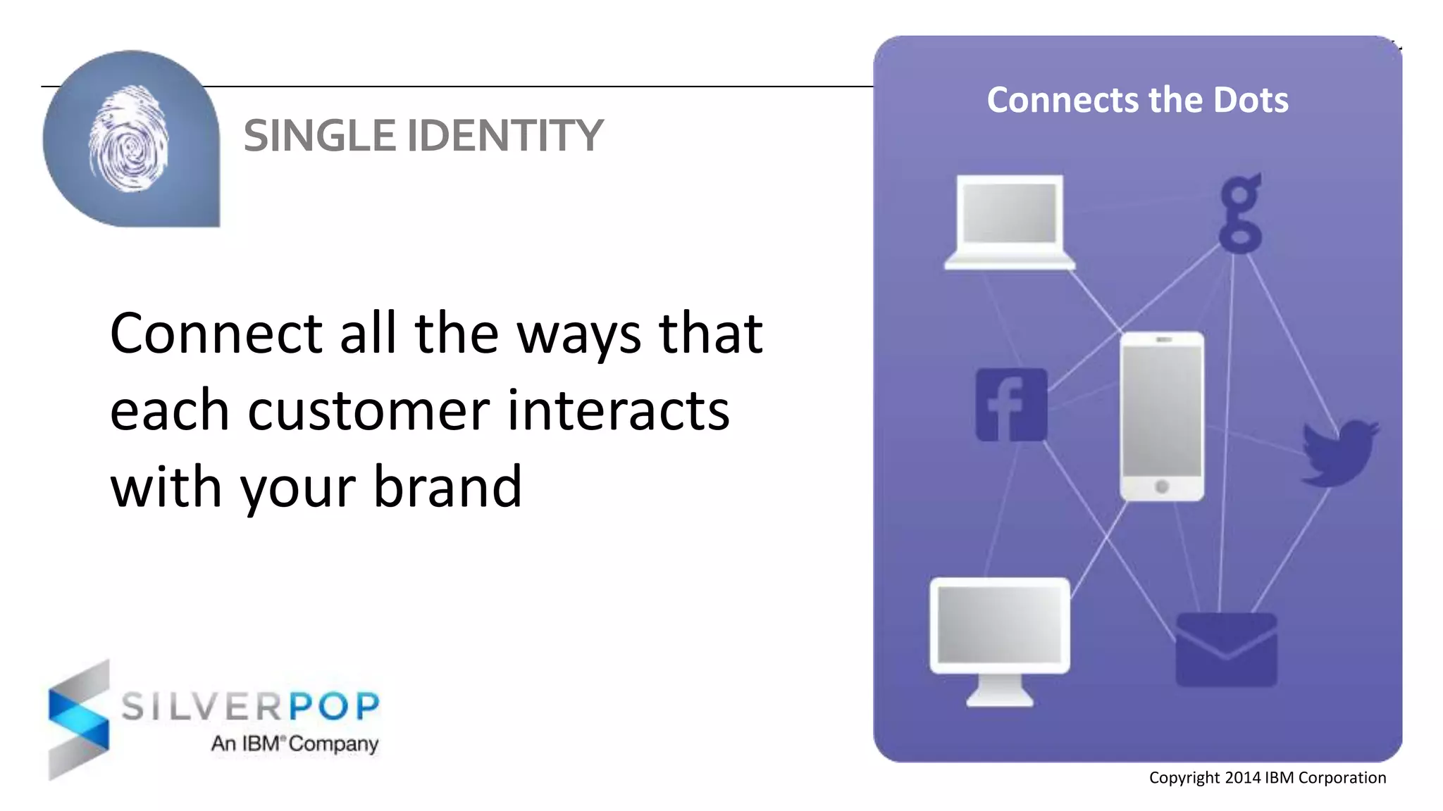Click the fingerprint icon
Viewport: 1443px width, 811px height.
point(129,139)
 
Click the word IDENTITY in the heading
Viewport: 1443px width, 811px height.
point(505,136)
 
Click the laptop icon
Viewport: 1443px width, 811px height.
point(1010,221)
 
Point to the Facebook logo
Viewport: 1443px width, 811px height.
point(1011,405)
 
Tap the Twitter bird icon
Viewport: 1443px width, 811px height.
point(1338,453)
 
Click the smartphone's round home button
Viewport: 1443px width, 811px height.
point(1162,486)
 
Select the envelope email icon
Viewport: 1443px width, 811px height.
point(1226,650)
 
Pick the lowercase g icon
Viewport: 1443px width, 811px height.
point(1240,213)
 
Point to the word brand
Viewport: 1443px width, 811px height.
point(447,487)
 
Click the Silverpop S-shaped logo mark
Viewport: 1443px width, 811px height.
point(79,719)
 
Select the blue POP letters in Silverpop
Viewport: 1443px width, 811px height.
point(335,706)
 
